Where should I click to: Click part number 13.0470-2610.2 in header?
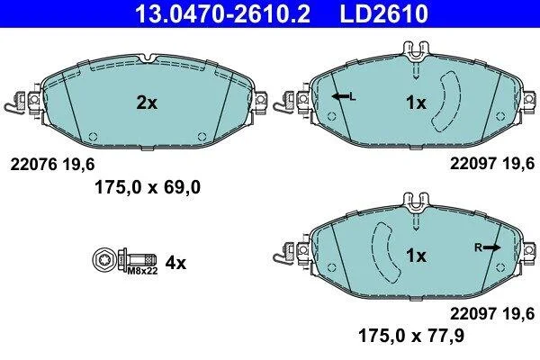point(223,13)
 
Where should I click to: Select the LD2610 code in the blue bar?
point(384,13)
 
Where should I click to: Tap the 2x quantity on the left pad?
point(147,103)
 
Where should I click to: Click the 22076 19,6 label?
point(52,165)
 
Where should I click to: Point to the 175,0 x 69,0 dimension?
point(148,188)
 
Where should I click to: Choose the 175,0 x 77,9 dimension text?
point(411,336)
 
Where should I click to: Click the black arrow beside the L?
point(340,96)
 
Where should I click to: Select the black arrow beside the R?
point(491,247)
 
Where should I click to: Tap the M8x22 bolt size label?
point(142,271)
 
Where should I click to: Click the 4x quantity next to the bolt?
point(175,263)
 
